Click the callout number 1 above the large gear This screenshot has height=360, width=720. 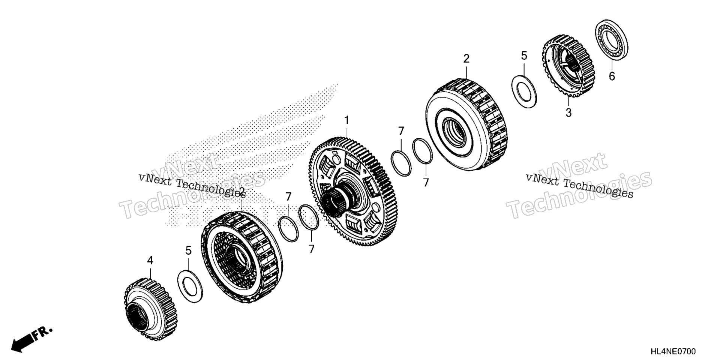coord(347,120)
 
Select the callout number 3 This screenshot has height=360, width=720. coord(568,112)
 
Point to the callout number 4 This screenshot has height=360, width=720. coord(150,260)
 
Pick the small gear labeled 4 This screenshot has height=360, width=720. coord(151,309)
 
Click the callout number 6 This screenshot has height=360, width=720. coord(612,76)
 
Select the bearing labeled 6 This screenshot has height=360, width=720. coord(612,40)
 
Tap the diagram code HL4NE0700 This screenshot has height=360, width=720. coord(673,351)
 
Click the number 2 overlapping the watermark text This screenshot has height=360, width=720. coord(242,192)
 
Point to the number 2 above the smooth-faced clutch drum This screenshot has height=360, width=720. coord(466,58)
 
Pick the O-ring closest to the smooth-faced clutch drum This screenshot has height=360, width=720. coord(422,151)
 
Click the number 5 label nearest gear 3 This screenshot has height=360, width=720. coord(524,55)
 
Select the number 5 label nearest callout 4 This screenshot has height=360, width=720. coord(188,250)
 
